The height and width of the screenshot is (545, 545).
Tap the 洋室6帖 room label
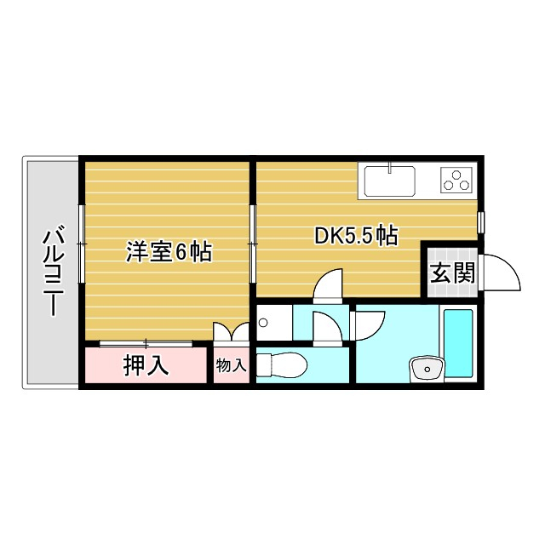click(169, 253)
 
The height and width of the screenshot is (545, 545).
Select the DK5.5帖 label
click(356, 236)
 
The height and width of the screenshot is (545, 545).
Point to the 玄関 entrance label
click(451, 273)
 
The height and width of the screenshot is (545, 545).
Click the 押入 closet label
click(146, 365)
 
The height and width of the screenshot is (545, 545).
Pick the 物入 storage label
click(231, 365)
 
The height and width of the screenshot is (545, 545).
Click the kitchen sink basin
click(390, 181)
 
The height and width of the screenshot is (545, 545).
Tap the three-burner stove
click(456, 181)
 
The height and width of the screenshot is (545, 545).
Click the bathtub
click(459, 343)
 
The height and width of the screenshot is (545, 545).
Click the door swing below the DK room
click(328, 285)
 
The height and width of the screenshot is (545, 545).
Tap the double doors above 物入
click(231, 333)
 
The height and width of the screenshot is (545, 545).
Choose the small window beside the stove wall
click(481, 221)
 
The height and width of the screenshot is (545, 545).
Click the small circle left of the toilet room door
click(263, 323)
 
